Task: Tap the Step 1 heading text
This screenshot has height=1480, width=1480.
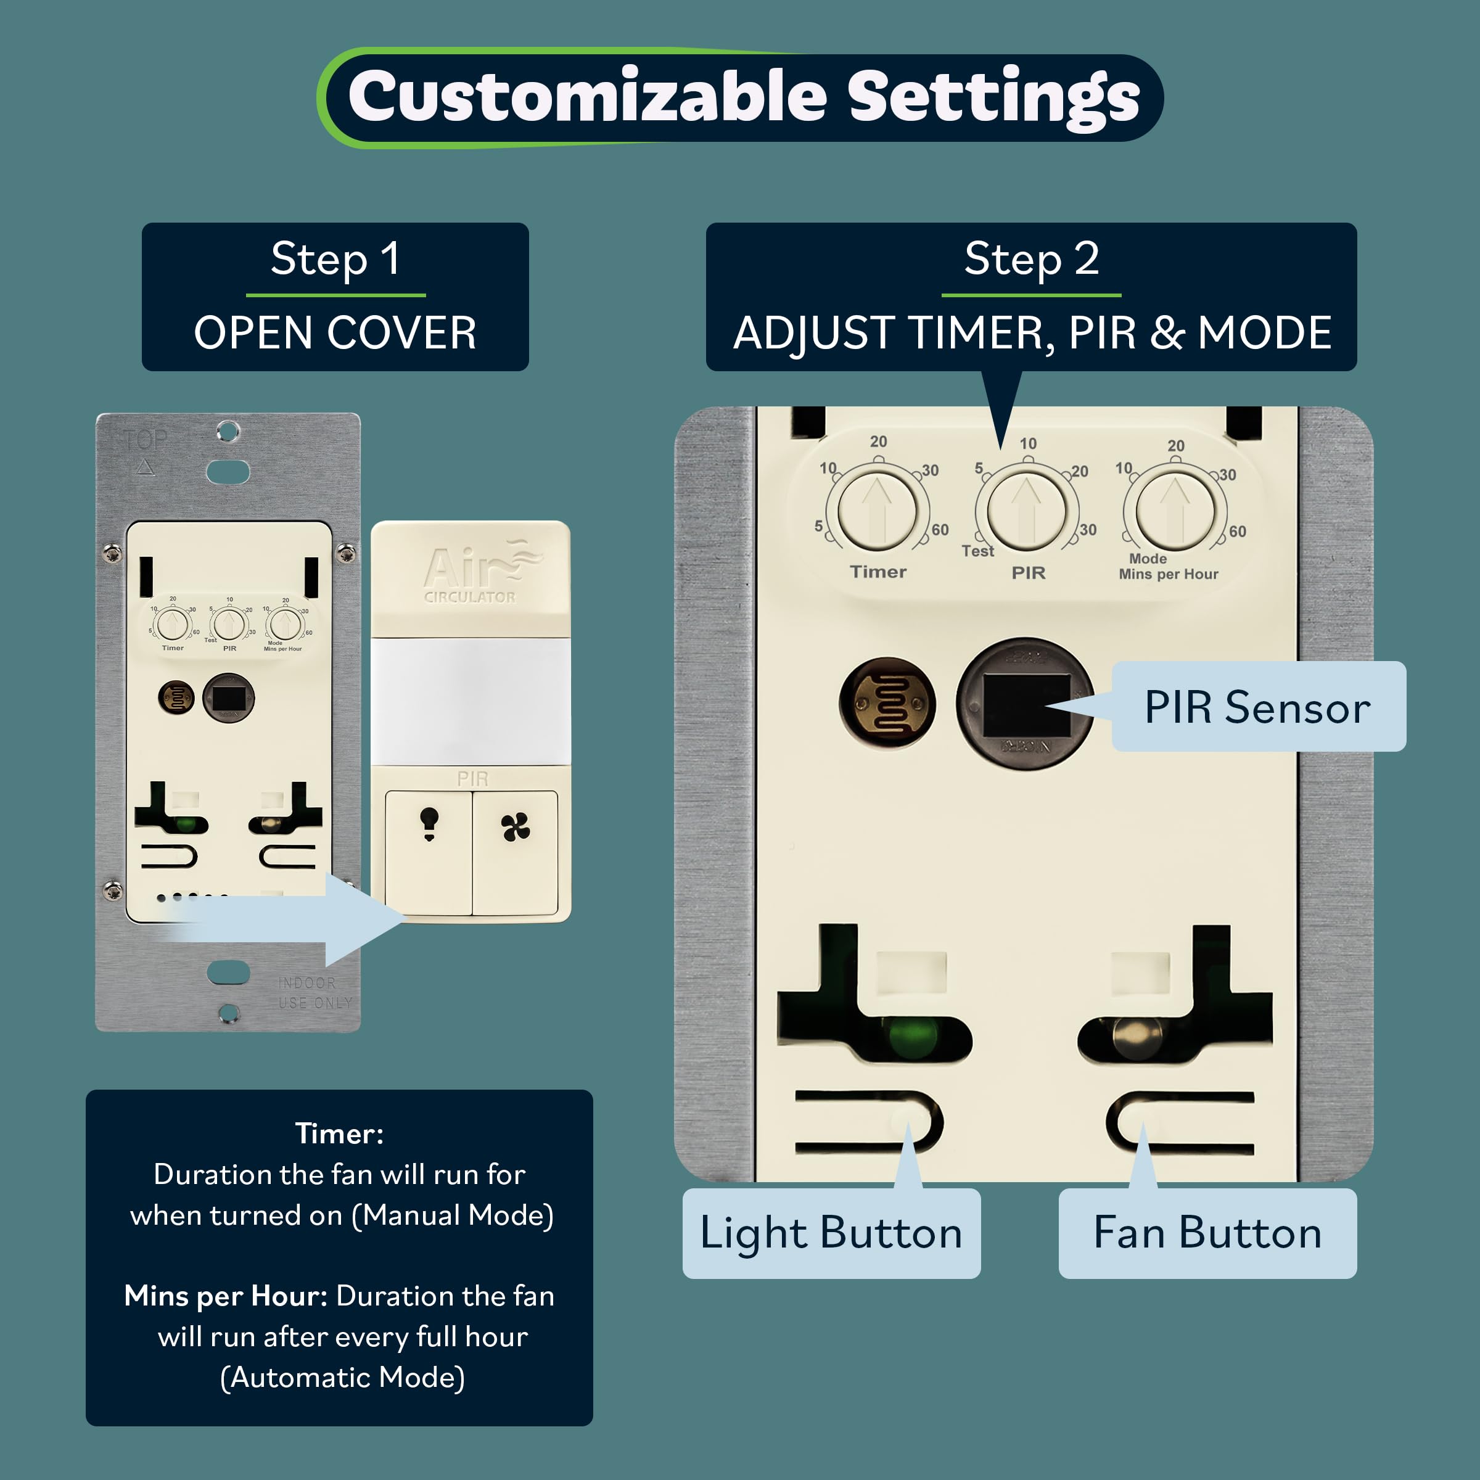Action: tap(335, 259)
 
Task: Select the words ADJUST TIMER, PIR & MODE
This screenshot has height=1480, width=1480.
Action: tap(1031, 333)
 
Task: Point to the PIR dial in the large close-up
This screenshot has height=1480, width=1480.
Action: tap(1027, 510)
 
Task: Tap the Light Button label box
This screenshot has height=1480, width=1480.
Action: tap(831, 1233)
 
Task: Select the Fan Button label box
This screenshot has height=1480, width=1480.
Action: tap(1207, 1233)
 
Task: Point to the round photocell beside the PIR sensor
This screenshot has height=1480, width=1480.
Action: tap(887, 703)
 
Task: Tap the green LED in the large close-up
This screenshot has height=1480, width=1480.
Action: tap(911, 1038)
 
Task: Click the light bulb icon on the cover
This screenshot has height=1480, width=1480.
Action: tap(429, 823)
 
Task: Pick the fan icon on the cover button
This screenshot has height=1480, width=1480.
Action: tap(515, 828)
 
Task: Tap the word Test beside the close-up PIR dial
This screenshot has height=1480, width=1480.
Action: tap(977, 551)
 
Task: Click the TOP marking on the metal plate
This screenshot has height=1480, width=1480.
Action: tap(146, 440)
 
